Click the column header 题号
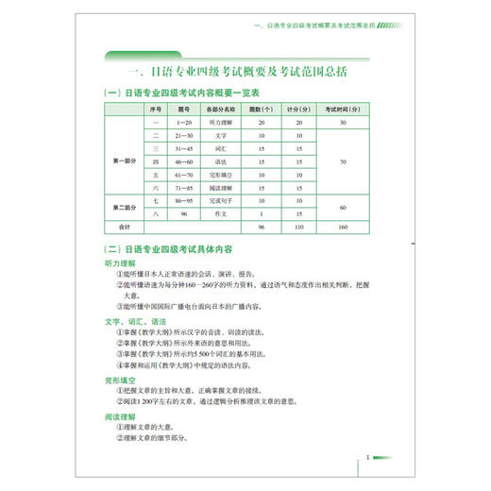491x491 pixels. (x=184, y=110)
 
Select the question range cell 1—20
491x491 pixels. (x=184, y=123)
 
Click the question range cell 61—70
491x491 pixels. (x=184, y=175)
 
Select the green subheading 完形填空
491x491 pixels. (x=121, y=381)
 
